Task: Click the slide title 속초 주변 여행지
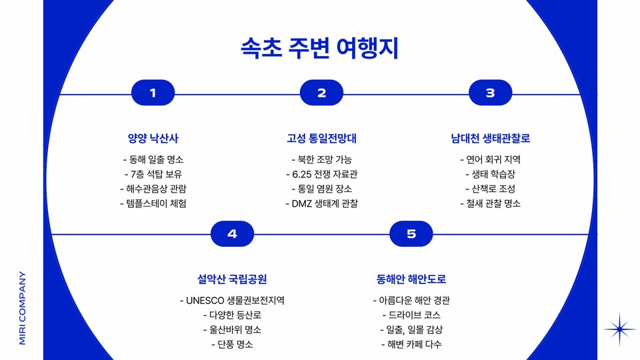(x=319, y=49)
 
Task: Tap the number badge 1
(x=153, y=93)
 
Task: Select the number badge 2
(x=321, y=93)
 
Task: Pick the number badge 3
(x=490, y=93)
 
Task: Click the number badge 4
(x=232, y=234)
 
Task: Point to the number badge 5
(x=411, y=234)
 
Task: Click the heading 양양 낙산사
(x=153, y=139)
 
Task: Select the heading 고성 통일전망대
(x=321, y=139)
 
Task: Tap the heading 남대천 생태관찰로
(x=490, y=139)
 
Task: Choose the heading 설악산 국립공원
(x=232, y=279)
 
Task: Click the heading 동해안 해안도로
(x=411, y=279)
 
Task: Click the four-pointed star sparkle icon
(x=620, y=329)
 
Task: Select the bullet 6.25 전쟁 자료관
(x=321, y=175)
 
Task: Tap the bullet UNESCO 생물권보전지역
(x=232, y=300)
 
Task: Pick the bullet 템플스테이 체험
(x=153, y=203)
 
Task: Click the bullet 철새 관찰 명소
(x=490, y=203)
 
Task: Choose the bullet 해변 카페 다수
(x=411, y=344)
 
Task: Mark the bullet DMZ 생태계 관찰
(x=321, y=203)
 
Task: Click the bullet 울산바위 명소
(x=232, y=329)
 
